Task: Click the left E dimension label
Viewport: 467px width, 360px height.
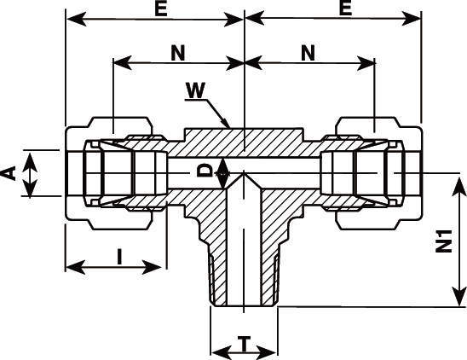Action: click(x=161, y=9)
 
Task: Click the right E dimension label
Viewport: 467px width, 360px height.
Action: click(x=345, y=9)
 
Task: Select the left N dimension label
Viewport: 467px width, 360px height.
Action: click(x=178, y=53)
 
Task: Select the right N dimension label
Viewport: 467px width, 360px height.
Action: click(x=308, y=53)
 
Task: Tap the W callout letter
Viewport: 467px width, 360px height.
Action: click(x=195, y=90)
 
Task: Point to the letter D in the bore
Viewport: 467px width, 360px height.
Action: click(x=205, y=171)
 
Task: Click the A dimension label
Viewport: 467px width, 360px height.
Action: click(x=9, y=174)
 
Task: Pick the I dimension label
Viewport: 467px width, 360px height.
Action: click(x=119, y=257)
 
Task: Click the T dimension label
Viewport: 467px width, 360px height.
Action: click(x=245, y=344)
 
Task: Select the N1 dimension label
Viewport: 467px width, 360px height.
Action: click(x=444, y=241)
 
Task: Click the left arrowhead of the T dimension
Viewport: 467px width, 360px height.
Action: click(x=221, y=353)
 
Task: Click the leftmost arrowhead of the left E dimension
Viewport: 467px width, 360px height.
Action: click(x=77, y=19)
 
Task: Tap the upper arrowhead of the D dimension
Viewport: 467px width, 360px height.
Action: click(x=223, y=167)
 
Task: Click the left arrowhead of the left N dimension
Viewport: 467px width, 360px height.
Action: click(x=123, y=62)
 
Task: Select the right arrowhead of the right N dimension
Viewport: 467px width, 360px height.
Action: click(x=366, y=63)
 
